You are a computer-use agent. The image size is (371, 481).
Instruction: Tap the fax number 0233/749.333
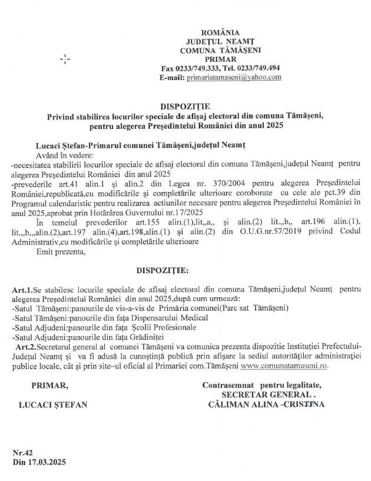click(197, 68)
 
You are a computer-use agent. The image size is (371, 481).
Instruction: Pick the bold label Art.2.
click(25, 347)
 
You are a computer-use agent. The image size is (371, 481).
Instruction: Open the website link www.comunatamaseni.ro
click(284, 366)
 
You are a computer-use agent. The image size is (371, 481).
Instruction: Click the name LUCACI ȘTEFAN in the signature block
click(53, 405)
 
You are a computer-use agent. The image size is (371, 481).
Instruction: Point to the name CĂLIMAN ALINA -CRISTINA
click(266, 404)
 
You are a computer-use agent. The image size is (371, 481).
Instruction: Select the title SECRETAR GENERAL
click(264, 395)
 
